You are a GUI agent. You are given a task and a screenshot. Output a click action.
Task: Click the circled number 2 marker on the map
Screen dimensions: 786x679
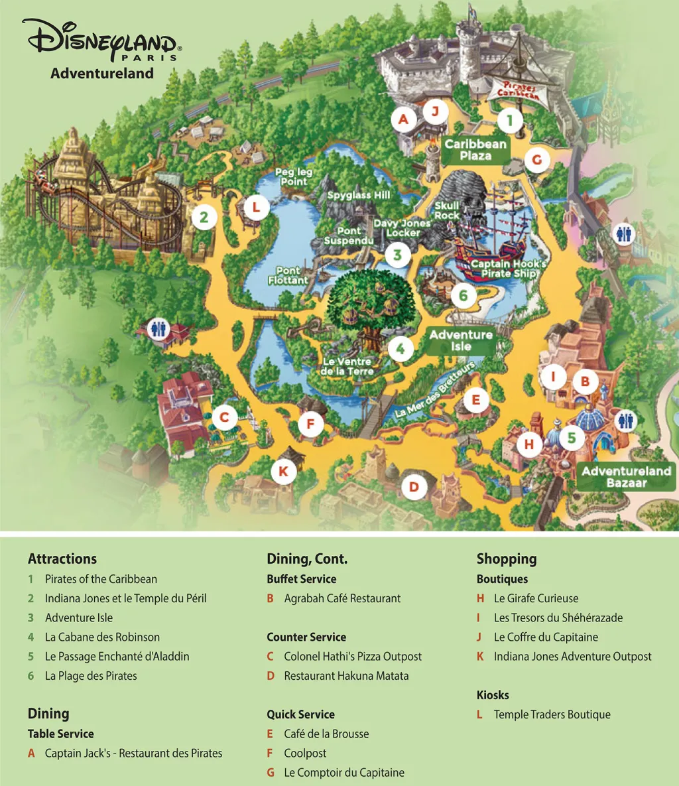(205, 217)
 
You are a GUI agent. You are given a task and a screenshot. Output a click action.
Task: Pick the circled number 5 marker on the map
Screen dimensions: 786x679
(572, 438)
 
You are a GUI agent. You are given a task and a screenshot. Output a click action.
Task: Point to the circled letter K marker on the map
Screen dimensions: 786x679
(284, 472)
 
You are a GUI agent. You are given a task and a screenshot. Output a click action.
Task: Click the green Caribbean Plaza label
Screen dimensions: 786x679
(475, 150)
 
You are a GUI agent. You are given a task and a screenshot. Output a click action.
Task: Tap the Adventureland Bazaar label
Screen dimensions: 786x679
(627, 477)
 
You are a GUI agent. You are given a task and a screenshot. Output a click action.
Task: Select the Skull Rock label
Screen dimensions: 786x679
(447, 211)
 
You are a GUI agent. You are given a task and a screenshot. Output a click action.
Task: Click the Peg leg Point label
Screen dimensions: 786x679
(294, 177)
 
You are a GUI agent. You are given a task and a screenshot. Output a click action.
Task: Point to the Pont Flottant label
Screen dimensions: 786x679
(288, 275)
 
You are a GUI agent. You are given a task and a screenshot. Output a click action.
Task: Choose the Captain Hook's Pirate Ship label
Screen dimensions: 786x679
(509, 269)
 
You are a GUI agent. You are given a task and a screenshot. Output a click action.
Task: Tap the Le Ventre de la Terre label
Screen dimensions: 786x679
(346, 367)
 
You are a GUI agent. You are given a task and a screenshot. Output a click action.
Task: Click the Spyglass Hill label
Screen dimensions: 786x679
(359, 196)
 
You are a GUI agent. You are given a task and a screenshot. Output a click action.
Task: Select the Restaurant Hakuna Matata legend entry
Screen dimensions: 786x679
(346, 676)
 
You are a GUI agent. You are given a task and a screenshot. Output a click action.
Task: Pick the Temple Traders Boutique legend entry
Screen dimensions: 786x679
(552, 714)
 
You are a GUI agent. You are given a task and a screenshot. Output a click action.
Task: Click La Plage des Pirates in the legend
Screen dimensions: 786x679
(91, 676)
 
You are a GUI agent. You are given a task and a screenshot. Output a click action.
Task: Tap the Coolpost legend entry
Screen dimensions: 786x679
(305, 753)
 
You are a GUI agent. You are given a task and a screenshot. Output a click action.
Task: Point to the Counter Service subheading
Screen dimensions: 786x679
(306, 637)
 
